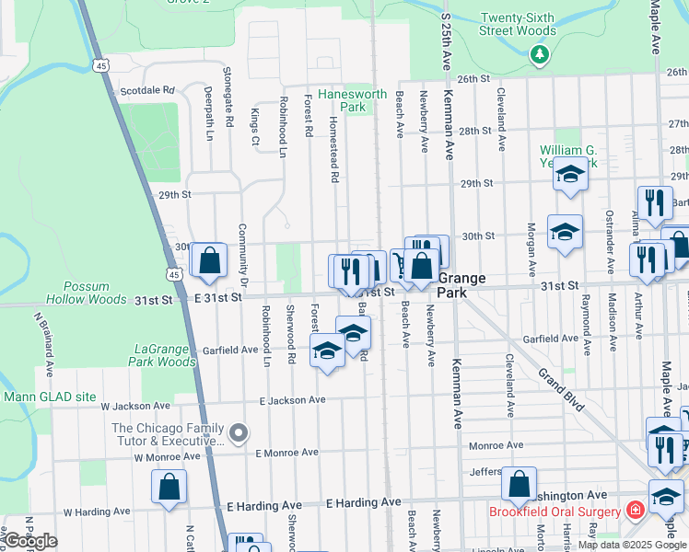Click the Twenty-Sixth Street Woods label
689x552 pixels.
coord(518,24)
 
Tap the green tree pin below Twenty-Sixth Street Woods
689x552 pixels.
coord(540,55)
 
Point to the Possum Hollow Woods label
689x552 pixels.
coord(95,293)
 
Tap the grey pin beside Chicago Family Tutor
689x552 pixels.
coord(239,432)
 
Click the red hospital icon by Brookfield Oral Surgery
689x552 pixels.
coord(635,509)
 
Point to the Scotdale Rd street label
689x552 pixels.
coord(147,91)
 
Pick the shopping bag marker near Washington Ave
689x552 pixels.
coord(520,484)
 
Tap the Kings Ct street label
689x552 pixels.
coord(255,126)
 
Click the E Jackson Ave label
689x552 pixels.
coord(292,400)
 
